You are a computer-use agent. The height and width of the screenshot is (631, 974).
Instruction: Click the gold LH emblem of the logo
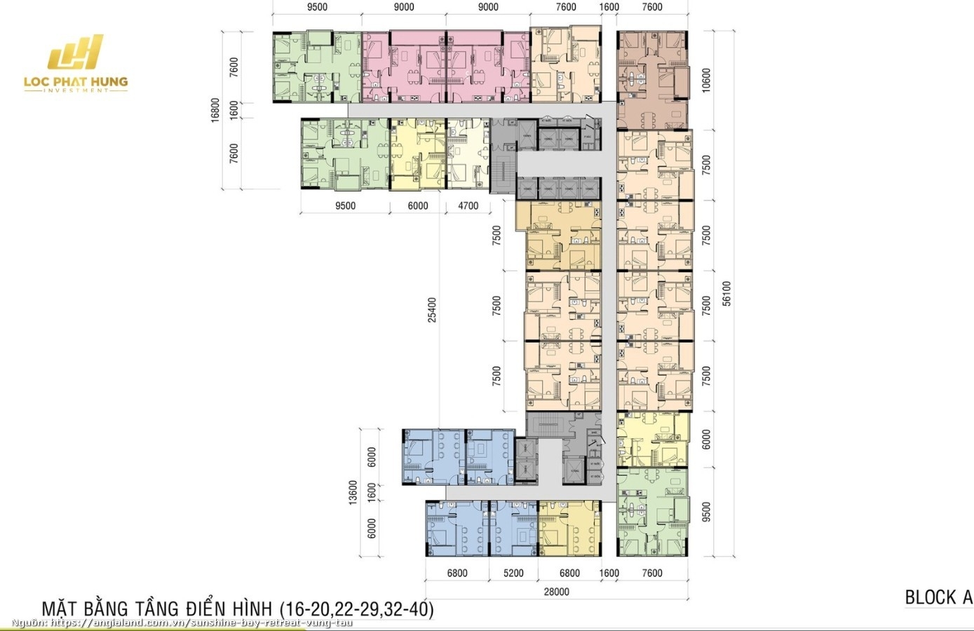tap(75, 54)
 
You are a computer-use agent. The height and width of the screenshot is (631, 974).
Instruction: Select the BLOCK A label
tap(938, 597)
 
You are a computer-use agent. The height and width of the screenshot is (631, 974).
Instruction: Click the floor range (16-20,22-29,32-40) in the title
tap(357, 609)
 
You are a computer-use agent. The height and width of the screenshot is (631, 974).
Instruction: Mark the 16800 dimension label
tap(216, 110)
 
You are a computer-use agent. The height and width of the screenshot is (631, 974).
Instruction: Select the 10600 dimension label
tap(706, 80)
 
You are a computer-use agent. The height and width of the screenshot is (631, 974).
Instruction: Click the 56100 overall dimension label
tap(726, 293)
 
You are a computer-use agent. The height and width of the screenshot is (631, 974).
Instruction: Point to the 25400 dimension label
tap(432, 310)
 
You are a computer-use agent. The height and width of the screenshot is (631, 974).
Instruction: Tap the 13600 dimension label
tap(353, 492)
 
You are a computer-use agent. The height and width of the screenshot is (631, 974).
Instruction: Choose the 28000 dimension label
tap(557, 592)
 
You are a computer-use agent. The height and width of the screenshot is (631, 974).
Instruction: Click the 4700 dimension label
tap(468, 206)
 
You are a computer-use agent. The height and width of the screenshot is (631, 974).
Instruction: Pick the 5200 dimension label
tap(513, 574)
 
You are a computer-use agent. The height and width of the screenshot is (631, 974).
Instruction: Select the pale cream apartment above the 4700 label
tap(467, 153)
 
